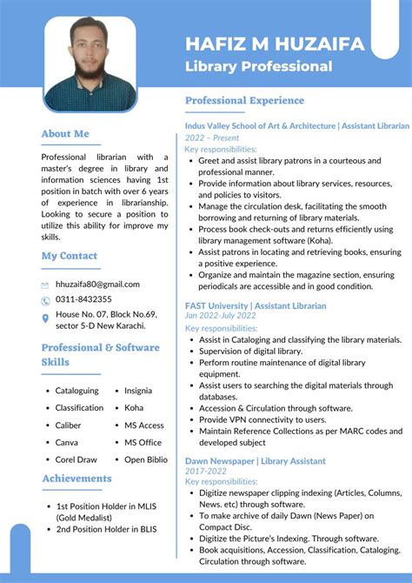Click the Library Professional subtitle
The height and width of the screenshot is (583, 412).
(x=259, y=66)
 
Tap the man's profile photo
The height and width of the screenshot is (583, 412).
(x=90, y=65)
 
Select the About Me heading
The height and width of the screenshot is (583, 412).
(x=65, y=134)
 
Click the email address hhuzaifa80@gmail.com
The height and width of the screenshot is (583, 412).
(x=97, y=284)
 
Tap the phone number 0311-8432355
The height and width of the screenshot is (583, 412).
(x=83, y=300)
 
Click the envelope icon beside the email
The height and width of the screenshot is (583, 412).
(x=45, y=285)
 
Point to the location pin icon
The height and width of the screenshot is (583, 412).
(x=45, y=318)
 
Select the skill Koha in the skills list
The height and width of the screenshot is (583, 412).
(x=134, y=407)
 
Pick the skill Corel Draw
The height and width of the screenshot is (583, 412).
(x=76, y=459)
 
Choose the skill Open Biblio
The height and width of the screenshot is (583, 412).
(x=146, y=459)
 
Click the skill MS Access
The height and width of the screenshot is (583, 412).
(x=144, y=425)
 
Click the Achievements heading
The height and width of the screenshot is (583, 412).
(x=76, y=479)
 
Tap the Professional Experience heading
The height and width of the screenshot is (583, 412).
(x=245, y=101)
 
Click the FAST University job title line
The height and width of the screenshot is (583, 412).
(x=256, y=306)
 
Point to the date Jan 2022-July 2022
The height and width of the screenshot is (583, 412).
(x=221, y=317)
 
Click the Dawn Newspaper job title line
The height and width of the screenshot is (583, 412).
(x=256, y=461)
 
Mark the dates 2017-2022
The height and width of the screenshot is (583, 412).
(x=205, y=471)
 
